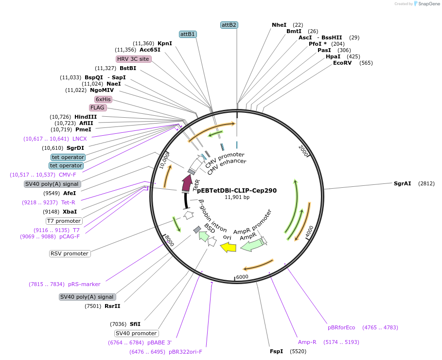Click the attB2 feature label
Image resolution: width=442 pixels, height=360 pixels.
(x=229, y=25)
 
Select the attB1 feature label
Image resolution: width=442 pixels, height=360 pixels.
(x=188, y=34)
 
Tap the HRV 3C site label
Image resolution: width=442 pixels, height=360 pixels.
(x=133, y=59)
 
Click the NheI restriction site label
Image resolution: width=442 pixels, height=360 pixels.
(x=279, y=25)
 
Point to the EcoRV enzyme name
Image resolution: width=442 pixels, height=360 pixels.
(x=342, y=63)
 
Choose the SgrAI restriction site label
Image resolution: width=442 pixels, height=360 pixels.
(x=402, y=183)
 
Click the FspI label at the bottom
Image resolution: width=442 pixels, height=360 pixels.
(x=276, y=351)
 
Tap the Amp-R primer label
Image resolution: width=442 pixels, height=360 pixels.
(x=307, y=342)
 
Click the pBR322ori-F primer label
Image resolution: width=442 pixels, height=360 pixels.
(x=185, y=352)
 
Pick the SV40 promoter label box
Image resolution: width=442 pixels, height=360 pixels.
(x=137, y=333)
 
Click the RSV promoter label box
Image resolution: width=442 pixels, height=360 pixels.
(x=70, y=253)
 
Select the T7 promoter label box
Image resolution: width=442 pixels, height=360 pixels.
(x=64, y=221)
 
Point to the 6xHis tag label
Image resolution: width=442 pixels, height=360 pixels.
(x=103, y=99)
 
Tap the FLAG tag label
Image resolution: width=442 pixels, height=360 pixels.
(x=97, y=108)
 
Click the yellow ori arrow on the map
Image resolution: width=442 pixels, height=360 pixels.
(x=228, y=248)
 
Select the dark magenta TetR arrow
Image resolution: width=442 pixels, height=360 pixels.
(x=186, y=183)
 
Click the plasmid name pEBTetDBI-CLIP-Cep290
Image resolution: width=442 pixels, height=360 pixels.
(x=237, y=190)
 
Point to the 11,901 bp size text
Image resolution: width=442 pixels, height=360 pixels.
(x=237, y=198)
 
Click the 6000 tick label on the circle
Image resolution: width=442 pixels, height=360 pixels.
(x=242, y=276)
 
